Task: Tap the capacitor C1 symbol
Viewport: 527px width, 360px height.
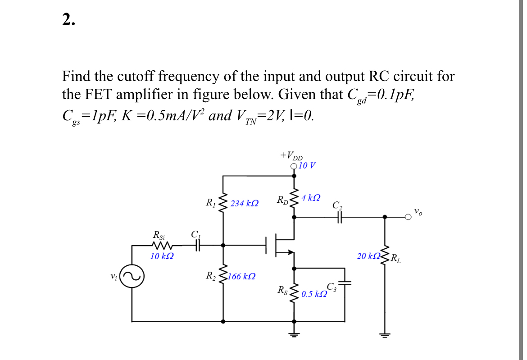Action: click(x=196, y=246)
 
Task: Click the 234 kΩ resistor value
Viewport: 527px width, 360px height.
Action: click(x=244, y=204)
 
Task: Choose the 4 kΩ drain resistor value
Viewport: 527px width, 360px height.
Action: click(x=311, y=198)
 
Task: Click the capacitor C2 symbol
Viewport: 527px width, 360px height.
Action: click(x=339, y=217)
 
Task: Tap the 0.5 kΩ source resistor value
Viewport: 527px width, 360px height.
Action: click(x=314, y=294)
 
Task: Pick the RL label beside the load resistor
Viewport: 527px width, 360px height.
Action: click(x=394, y=259)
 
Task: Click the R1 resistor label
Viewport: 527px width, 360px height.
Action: click(x=210, y=203)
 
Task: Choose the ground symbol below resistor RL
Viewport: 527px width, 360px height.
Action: click(x=385, y=334)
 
